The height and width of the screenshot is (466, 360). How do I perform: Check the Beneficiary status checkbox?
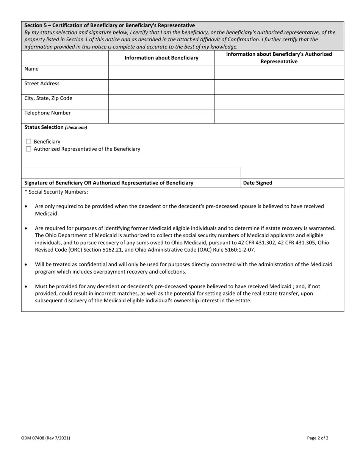[x=28, y=142]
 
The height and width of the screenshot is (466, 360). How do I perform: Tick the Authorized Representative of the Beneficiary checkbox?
[x=28, y=149]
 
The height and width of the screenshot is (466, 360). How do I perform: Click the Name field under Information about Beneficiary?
[x=161, y=72]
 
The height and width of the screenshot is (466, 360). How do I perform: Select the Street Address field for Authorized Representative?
[x=279, y=87]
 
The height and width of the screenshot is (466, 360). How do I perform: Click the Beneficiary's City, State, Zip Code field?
[x=161, y=102]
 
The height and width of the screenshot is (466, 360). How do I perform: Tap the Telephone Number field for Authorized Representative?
[x=279, y=116]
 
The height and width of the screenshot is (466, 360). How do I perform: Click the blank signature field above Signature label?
[x=131, y=173]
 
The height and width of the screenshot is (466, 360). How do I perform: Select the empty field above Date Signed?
[x=292, y=173]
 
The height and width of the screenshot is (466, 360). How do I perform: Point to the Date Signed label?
[x=258, y=183]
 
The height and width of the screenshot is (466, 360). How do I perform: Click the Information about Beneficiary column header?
[x=161, y=58]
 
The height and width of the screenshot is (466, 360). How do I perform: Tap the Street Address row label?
[x=42, y=84]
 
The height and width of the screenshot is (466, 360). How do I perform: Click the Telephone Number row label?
[x=47, y=113]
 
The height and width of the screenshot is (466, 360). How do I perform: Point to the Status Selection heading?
[x=55, y=128]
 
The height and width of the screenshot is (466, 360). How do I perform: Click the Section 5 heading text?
[x=110, y=25]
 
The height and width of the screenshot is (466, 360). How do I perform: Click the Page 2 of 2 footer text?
[x=318, y=438]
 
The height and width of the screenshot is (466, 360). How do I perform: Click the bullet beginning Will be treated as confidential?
[x=25, y=264]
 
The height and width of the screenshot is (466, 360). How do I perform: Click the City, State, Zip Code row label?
[x=48, y=99]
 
